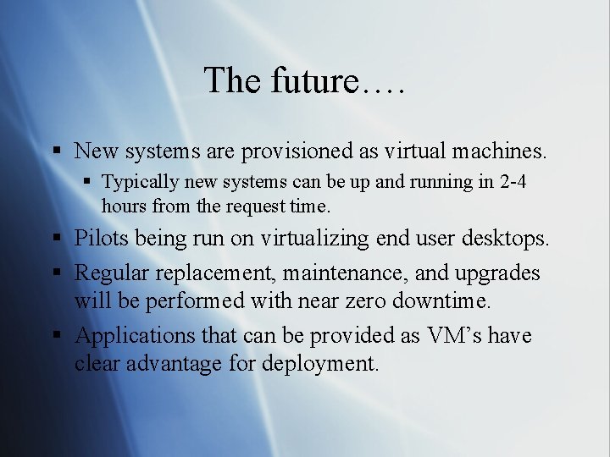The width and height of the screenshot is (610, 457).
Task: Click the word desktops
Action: pyautogui.click(x=505, y=239)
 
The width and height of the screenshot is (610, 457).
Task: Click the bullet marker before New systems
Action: pyautogui.click(x=56, y=152)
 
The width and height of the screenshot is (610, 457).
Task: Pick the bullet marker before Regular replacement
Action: pyautogui.click(x=56, y=274)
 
